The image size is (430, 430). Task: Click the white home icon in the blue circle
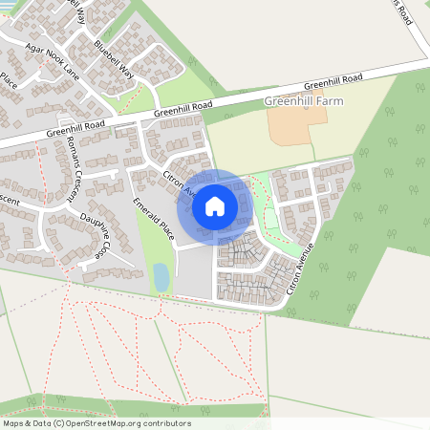215,205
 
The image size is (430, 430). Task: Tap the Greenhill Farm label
304,99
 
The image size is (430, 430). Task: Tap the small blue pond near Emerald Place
161,277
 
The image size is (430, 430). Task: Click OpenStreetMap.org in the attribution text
126,423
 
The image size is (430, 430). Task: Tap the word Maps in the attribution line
13,423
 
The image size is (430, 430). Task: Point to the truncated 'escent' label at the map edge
10,201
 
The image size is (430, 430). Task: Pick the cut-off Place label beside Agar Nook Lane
9,79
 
